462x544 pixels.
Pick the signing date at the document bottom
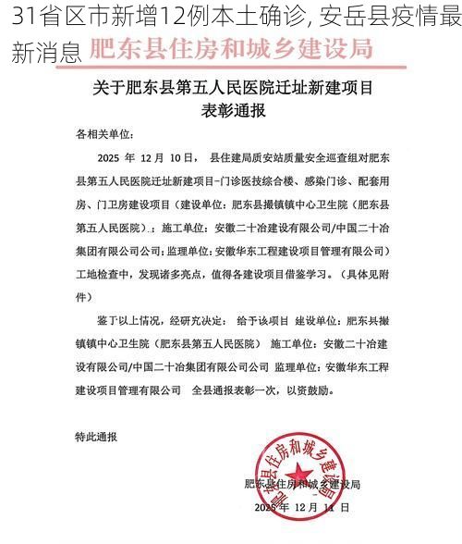(298, 508)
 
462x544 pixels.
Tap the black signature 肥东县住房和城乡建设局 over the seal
(301, 484)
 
